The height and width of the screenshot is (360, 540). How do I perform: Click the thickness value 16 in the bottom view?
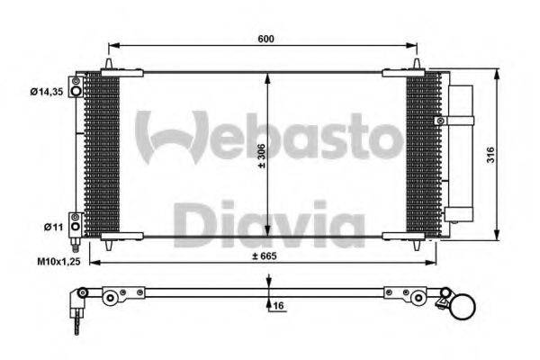[x=278, y=305]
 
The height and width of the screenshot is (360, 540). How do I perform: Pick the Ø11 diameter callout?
[x=53, y=228]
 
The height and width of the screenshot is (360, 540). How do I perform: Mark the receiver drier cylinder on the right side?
[x=461, y=153]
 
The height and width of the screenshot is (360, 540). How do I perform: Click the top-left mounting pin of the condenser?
[x=109, y=64]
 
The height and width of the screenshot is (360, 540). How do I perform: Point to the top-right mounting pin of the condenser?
[x=417, y=64]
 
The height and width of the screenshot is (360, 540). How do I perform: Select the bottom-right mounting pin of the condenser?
[x=417, y=244]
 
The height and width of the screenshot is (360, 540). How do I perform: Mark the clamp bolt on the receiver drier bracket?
[x=438, y=119]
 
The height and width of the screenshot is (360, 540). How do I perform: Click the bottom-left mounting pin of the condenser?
[x=109, y=244]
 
